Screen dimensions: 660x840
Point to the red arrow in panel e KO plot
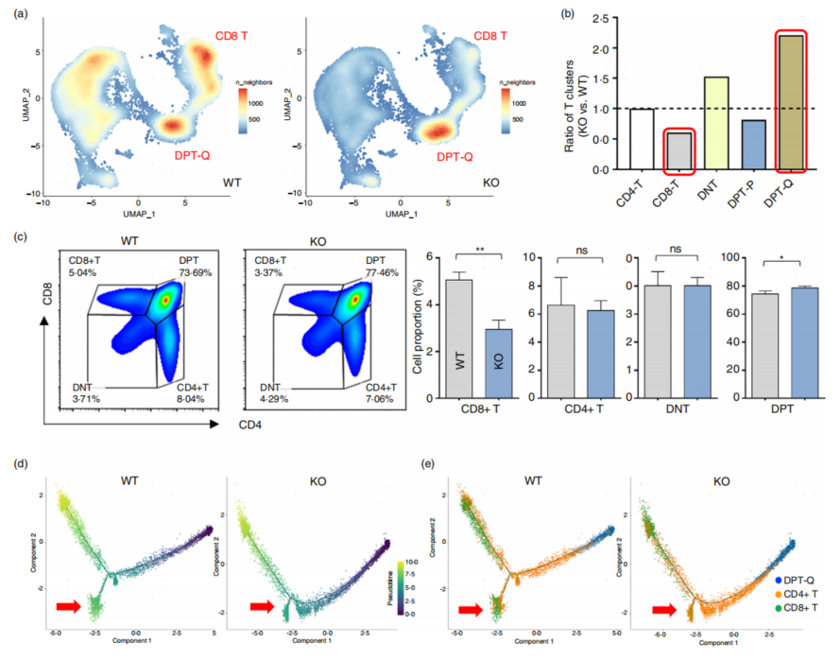pos(664,609)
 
